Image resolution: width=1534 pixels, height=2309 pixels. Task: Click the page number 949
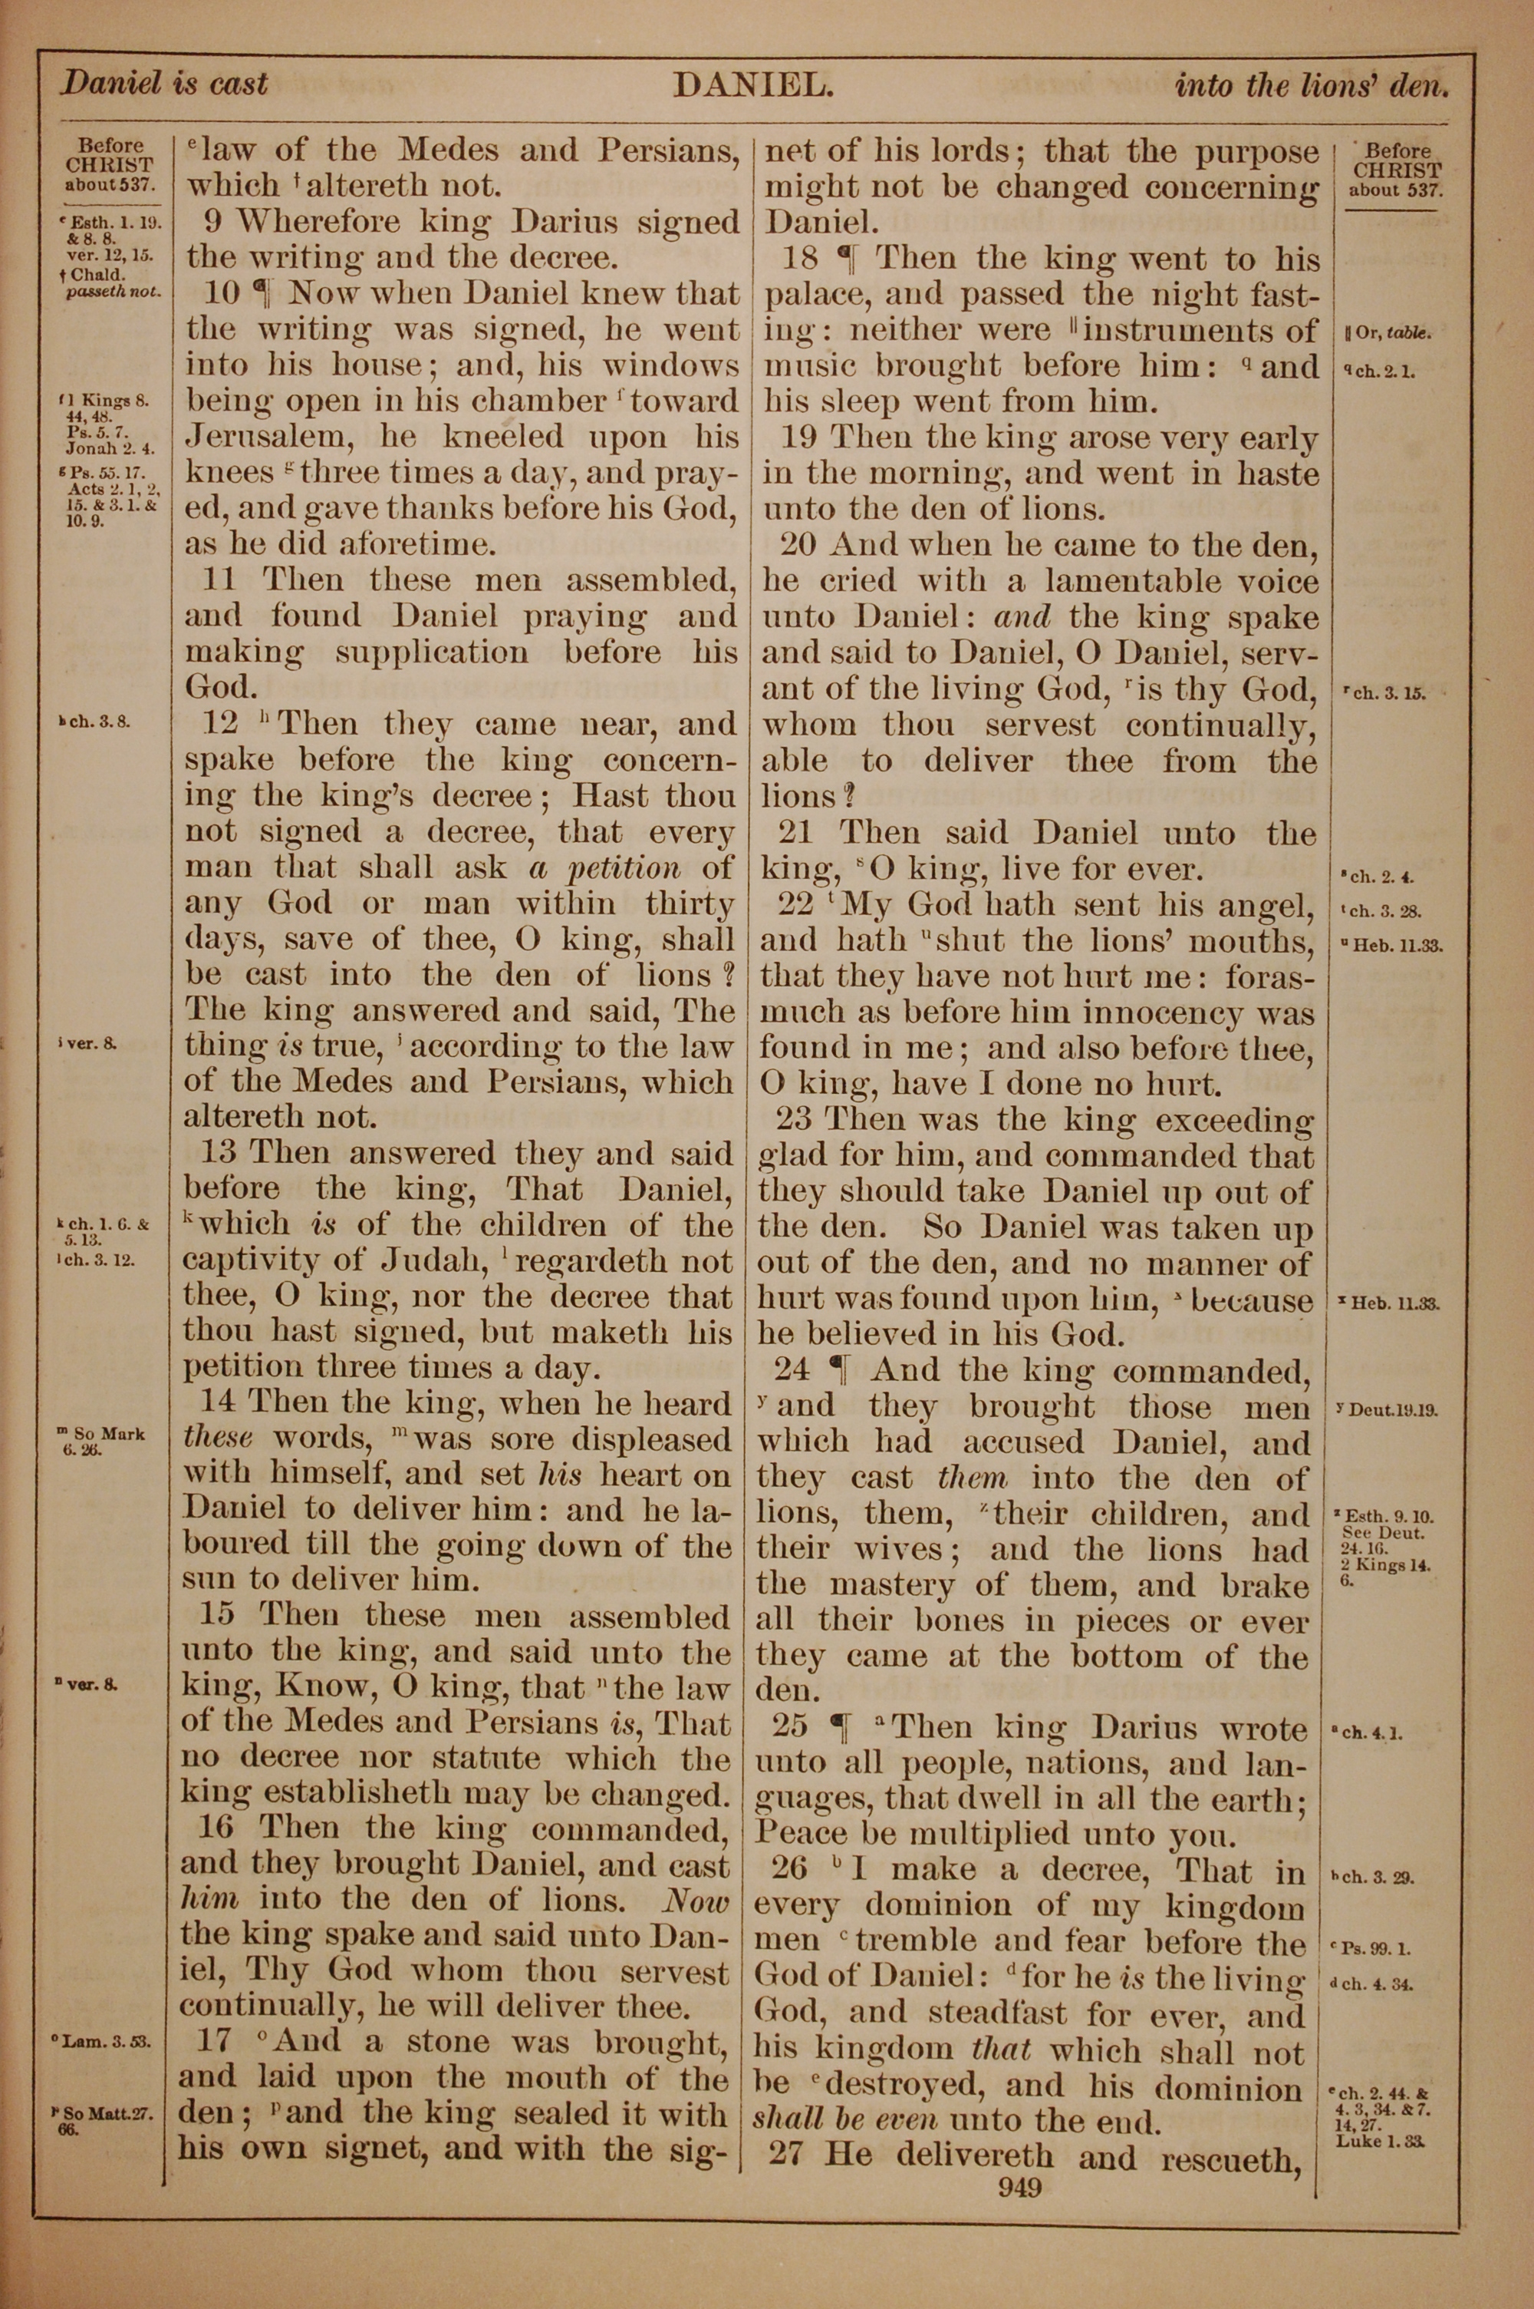(x=1020, y=2187)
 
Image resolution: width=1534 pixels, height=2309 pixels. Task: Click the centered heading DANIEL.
(x=752, y=86)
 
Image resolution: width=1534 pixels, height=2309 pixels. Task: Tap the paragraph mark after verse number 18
(x=848, y=259)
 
